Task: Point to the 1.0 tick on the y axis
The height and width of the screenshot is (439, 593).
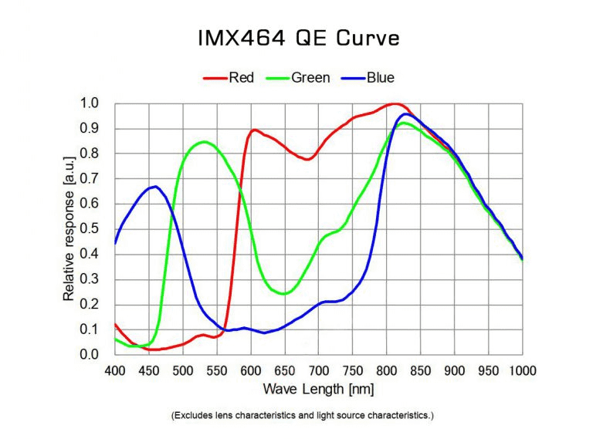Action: coord(90,103)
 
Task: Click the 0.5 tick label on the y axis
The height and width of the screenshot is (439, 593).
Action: coord(90,229)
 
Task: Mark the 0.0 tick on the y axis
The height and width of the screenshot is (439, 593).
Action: coord(90,355)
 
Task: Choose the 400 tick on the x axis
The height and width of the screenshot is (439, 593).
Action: coord(114,370)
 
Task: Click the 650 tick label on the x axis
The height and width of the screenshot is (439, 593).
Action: coord(285,370)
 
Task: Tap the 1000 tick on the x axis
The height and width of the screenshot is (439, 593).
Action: coord(523,370)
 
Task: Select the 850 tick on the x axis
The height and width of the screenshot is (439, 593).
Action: coord(421,370)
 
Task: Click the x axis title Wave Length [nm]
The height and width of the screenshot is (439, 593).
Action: coord(317,388)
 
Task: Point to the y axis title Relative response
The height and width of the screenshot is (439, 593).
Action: coord(69,229)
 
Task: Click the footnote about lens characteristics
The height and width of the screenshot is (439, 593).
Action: coord(302,416)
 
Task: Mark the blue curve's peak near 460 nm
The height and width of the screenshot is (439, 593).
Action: coord(155,186)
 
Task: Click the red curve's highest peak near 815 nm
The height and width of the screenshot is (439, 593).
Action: coord(395,103)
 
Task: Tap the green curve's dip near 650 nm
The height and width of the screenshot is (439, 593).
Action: coord(284,294)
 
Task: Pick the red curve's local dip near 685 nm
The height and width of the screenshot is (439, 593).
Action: coord(307,160)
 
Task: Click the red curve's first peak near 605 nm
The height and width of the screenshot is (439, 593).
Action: coord(254,130)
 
